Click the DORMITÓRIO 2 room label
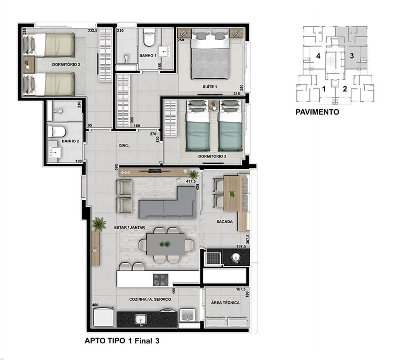(66, 64)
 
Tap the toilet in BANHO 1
(149, 37)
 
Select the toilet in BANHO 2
(57, 131)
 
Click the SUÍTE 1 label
(210, 87)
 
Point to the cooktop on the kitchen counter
(161, 280)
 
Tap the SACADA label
(225, 222)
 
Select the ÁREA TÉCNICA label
(226, 302)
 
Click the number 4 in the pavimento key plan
(318, 56)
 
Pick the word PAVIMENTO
(317, 112)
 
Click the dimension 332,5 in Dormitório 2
(92, 30)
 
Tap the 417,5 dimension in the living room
(191, 181)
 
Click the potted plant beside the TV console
(194, 175)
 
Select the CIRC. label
(124, 145)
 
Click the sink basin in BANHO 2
(55, 152)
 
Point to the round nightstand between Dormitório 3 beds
(213, 105)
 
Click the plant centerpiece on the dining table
(165, 244)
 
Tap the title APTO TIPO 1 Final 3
(122, 341)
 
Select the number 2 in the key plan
(345, 89)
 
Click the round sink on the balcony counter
(236, 257)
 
